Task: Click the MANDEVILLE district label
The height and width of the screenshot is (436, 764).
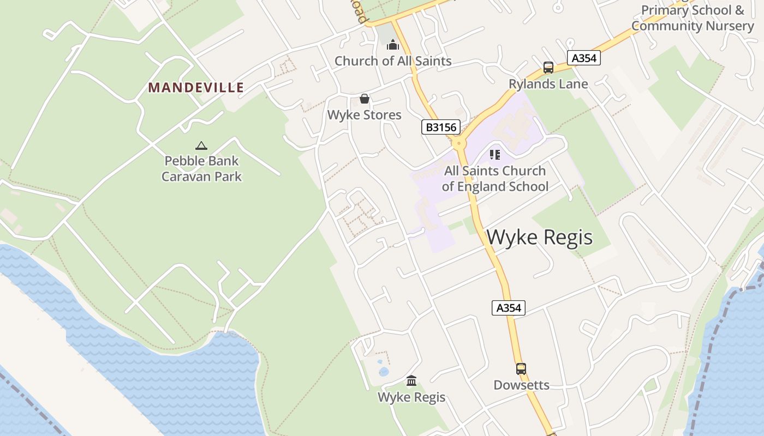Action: click(196, 87)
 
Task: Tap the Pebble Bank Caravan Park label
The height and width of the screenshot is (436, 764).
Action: click(202, 168)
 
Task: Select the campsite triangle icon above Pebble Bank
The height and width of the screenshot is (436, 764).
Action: click(201, 146)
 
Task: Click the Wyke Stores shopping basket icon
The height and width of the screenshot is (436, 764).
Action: click(364, 99)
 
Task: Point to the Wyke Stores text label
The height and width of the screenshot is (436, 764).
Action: click(364, 115)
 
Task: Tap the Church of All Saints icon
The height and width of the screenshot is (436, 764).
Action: click(393, 45)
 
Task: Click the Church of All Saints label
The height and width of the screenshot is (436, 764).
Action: click(393, 61)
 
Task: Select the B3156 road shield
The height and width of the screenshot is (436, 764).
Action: click(441, 128)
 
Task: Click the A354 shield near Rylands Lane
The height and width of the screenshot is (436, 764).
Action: click(583, 58)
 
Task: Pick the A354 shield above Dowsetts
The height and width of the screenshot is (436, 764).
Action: click(509, 308)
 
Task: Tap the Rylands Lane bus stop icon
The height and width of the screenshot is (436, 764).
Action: click(548, 68)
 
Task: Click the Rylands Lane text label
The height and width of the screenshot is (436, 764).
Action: click(548, 84)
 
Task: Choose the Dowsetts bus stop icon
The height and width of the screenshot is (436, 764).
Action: click(521, 369)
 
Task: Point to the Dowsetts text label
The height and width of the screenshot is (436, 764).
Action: click(521, 385)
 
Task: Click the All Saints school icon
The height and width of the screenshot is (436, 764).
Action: click(495, 155)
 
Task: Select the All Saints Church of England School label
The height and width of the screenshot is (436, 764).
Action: click(495, 179)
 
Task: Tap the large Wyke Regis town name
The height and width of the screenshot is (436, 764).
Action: click(539, 238)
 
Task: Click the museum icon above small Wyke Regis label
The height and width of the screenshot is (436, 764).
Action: click(411, 380)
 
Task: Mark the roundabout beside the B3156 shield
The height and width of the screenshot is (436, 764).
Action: click(458, 143)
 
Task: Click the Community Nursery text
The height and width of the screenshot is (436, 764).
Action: click(692, 26)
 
